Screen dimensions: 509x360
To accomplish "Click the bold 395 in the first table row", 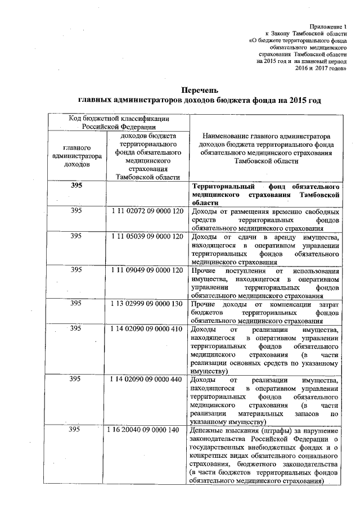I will [x=76, y=186].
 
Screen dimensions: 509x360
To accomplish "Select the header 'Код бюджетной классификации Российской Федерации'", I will [x=119, y=122].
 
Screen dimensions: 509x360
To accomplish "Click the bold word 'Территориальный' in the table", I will [x=221, y=186].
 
